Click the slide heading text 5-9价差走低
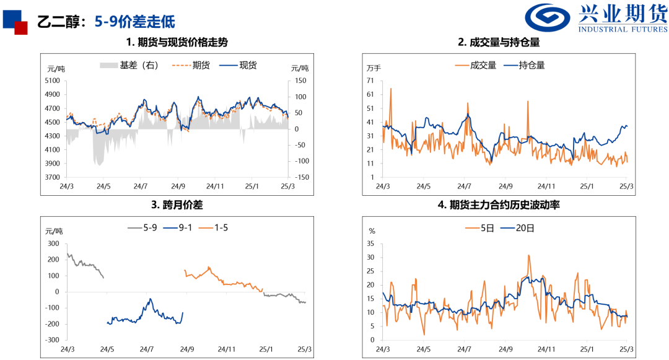tap(134, 22)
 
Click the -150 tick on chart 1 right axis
tap(302, 177)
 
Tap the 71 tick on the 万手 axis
tap(370, 81)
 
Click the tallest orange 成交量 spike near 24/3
tap(391, 89)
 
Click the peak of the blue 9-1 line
tap(150, 299)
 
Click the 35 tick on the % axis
tap(371, 243)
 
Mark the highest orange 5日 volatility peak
tap(528, 255)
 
